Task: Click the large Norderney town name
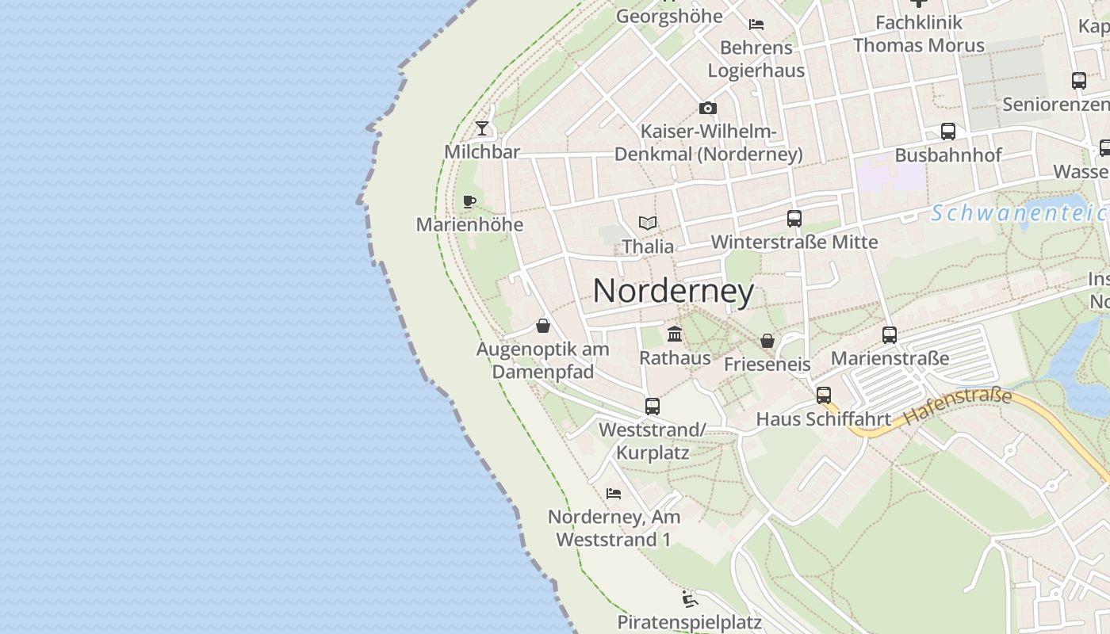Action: pos(673,291)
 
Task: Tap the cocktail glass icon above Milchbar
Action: pos(482,128)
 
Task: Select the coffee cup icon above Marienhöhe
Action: pos(469,201)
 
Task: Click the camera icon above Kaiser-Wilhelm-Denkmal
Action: pos(708,108)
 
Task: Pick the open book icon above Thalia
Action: pos(648,223)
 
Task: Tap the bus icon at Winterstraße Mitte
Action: pos(794,219)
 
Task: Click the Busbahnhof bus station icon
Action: pos(948,132)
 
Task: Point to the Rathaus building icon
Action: pos(675,334)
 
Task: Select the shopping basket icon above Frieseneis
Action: pos(767,341)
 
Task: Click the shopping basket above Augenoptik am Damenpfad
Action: pos(543,325)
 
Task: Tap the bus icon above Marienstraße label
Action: pos(890,335)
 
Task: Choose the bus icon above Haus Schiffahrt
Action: pos(824,395)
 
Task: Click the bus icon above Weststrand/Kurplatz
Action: pos(653,406)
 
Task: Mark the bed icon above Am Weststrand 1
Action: pos(614,493)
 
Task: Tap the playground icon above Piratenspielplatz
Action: pos(690,598)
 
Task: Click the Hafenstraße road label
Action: pos(958,404)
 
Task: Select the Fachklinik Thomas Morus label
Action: pos(919,34)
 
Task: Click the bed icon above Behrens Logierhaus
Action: pos(756,25)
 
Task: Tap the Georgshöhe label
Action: pos(669,16)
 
